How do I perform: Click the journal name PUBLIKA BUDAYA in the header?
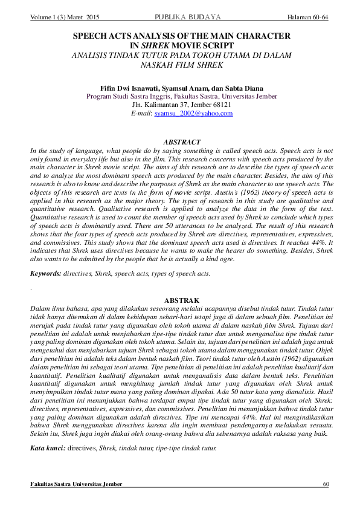pyautogui.click(x=187, y=16)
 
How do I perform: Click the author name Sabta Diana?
pyautogui.click(x=245, y=88)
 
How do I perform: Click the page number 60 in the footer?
pyautogui.click(x=326, y=484)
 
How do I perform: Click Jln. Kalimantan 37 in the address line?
pyautogui.click(x=157, y=105)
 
